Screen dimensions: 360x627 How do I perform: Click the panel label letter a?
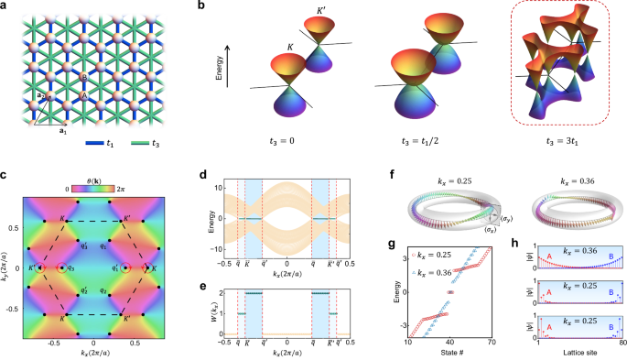tap(6, 7)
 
